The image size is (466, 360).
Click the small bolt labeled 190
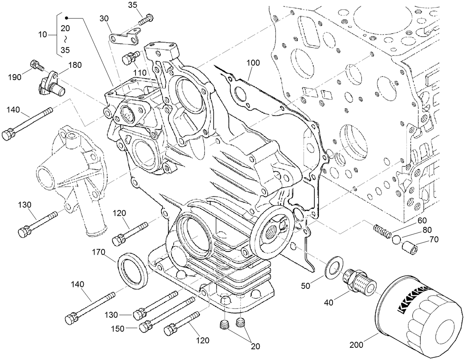[x=36, y=65]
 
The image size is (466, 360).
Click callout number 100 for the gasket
[x=253, y=63]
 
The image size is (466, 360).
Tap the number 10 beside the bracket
[x=43, y=35]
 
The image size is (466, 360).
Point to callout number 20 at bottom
[x=255, y=347]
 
